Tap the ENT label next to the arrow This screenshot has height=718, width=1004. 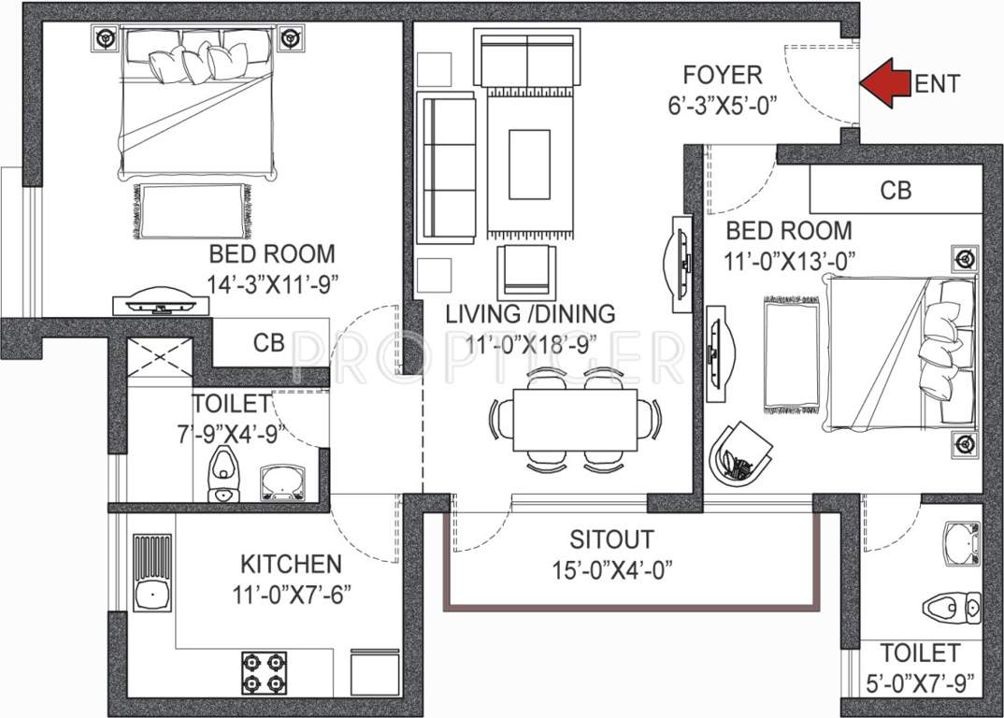pyautogui.click(x=936, y=84)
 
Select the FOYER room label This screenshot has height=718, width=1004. pyautogui.click(x=722, y=75)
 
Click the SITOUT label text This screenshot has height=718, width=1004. pyautogui.click(x=612, y=540)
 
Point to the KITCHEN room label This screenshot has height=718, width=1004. pyautogui.click(x=291, y=565)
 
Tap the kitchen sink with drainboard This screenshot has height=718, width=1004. pyautogui.click(x=151, y=572)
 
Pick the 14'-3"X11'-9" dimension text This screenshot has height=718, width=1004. pyautogui.click(x=272, y=280)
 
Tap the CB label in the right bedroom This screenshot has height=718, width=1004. pyautogui.click(x=895, y=191)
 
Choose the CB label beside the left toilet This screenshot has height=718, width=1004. pyautogui.click(x=269, y=343)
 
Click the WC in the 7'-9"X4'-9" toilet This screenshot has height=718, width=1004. pyautogui.click(x=222, y=473)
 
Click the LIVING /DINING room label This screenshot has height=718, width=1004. pyautogui.click(x=530, y=314)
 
